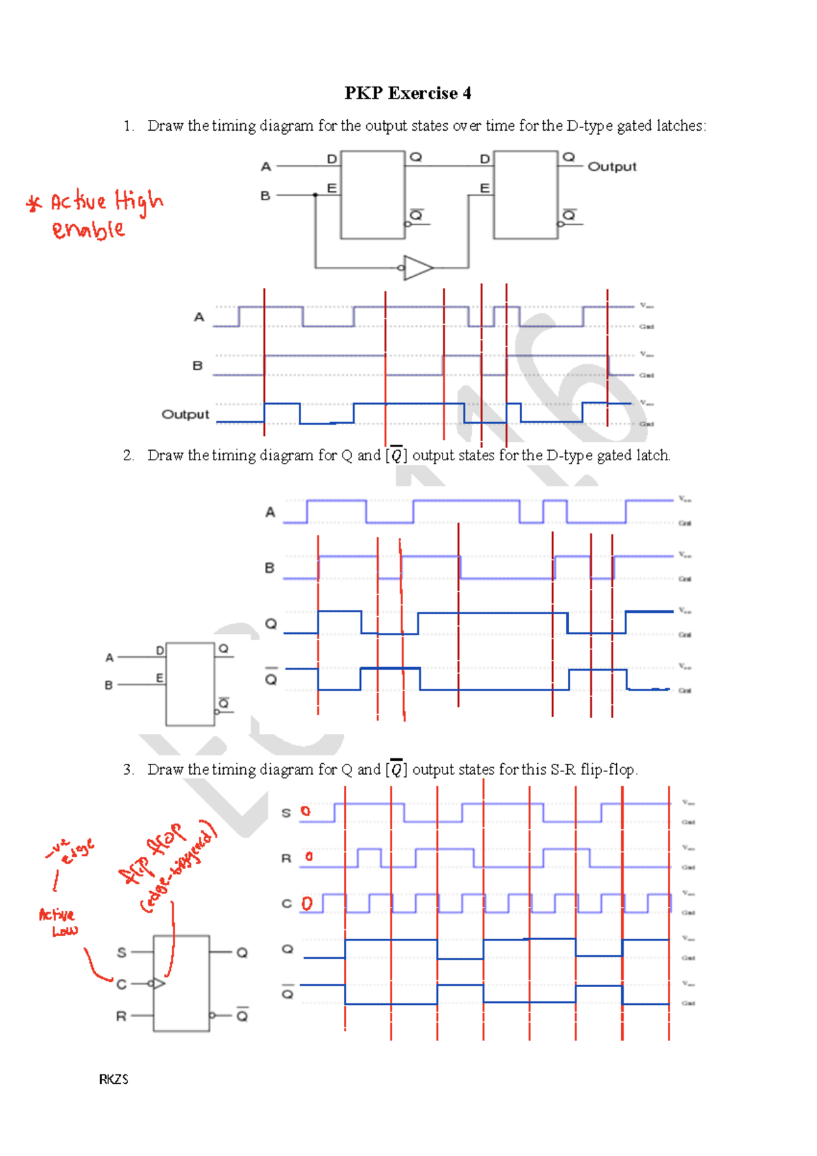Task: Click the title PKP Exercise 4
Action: click(407, 93)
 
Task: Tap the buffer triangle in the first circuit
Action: click(417, 268)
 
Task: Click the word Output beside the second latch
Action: click(611, 167)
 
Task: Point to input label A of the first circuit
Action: click(266, 167)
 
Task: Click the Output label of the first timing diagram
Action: click(185, 414)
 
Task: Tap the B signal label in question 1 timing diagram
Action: click(197, 366)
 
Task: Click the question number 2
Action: click(128, 455)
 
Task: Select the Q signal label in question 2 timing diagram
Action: click(271, 624)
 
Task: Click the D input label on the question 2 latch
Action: click(160, 651)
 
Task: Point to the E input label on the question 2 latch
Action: click(159, 678)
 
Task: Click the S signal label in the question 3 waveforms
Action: click(286, 813)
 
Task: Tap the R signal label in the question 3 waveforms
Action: click(286, 858)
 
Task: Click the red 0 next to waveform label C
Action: click(307, 903)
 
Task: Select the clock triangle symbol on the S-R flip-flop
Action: click(158, 983)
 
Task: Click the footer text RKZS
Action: click(114, 1079)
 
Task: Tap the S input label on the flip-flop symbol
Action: click(122, 952)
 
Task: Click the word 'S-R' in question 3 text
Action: click(563, 769)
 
